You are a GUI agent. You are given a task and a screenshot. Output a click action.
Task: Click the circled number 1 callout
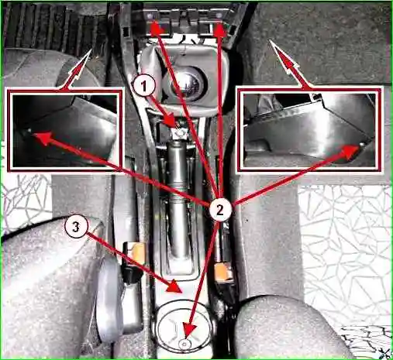coord(144,86)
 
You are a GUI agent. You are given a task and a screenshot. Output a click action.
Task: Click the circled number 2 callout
coord(220,211)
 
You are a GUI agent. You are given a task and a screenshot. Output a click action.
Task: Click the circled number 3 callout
coord(76,228)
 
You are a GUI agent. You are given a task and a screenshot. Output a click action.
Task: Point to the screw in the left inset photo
coord(29,131)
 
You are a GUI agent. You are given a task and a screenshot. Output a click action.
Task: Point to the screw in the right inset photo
coord(362,144)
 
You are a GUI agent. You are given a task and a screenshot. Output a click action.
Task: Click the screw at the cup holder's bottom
coord(184,344)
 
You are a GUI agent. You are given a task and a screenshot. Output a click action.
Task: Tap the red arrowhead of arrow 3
coord(174,287)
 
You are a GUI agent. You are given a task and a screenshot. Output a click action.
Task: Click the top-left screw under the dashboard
coord(150,16)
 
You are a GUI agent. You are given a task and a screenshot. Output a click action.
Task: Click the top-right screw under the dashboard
coord(219,16)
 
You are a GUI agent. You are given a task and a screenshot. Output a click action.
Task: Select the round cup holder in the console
coord(184,329)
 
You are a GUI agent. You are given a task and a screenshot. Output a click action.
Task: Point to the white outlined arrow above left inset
coord(77,70)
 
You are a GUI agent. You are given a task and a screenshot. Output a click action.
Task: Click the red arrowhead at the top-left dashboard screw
coord(156,28)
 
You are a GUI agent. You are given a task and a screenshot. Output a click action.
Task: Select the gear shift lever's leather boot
coord(184,77)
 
